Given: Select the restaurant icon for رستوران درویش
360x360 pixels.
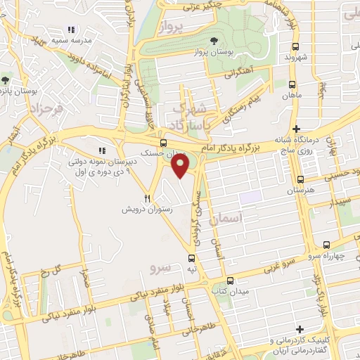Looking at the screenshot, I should [148, 199].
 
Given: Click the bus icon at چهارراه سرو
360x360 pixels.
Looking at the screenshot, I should [325, 244].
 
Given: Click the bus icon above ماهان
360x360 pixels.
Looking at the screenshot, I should [292, 82].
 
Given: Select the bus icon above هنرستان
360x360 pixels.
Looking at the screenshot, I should [300, 179].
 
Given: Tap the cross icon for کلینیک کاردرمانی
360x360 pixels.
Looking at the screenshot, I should [300, 329].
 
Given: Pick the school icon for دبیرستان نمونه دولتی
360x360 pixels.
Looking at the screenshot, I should [103, 150].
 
